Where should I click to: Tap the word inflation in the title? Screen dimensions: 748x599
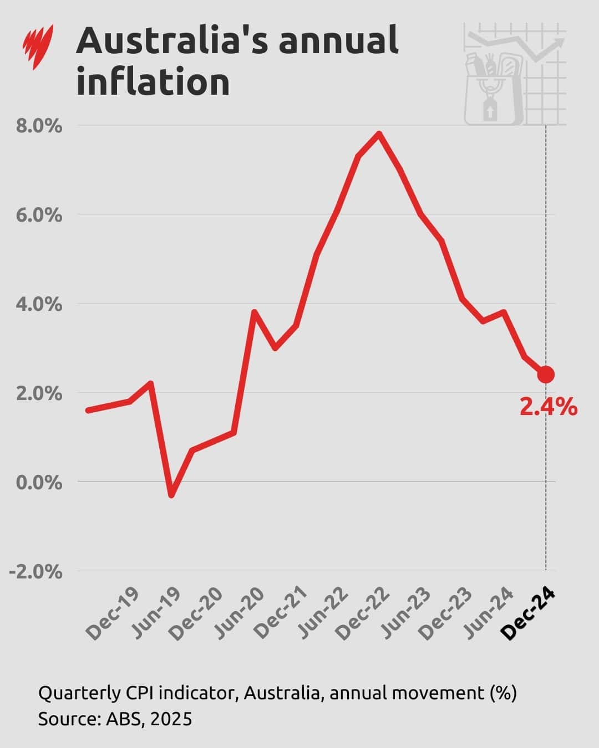pyautogui.click(x=153, y=82)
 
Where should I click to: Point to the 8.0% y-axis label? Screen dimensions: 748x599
pyautogui.click(x=38, y=126)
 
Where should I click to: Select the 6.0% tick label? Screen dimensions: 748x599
pyautogui.click(x=38, y=215)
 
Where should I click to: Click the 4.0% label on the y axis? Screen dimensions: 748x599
pyautogui.click(x=38, y=304)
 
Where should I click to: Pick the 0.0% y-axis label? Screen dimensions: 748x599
pyautogui.click(x=38, y=483)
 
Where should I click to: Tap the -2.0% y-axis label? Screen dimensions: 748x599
pyautogui.click(x=34, y=572)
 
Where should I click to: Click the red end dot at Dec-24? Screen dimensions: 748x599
pyautogui.click(x=546, y=375)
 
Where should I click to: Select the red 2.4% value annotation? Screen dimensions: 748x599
pyautogui.click(x=548, y=407)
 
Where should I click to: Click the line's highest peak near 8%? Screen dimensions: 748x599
pyautogui.click(x=379, y=134)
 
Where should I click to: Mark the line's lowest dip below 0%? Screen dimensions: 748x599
pyautogui.click(x=171, y=495)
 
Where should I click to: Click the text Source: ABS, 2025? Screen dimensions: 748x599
pyautogui.click(x=115, y=719)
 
